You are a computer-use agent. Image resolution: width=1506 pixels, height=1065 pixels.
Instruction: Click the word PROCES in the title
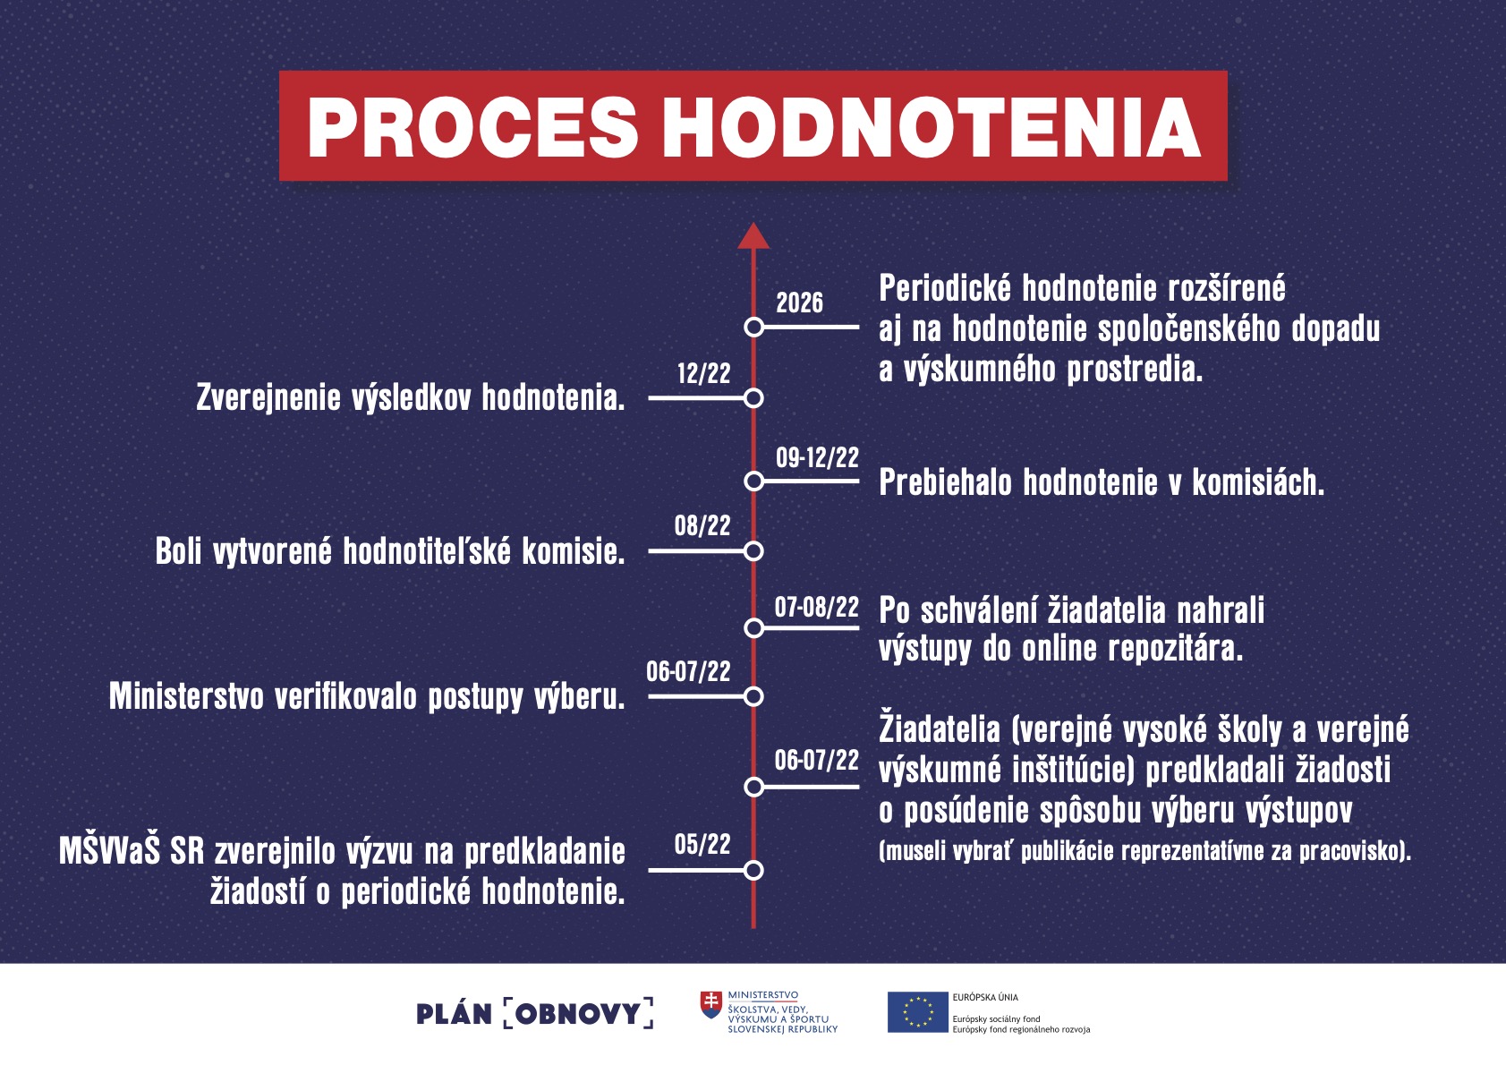472,127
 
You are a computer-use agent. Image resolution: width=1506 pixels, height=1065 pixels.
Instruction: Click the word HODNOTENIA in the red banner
932,127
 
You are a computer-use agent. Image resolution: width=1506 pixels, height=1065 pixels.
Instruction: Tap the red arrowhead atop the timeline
753,236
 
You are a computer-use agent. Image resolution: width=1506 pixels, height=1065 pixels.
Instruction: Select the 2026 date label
799,302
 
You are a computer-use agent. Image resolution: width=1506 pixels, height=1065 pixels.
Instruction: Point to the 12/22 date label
703,373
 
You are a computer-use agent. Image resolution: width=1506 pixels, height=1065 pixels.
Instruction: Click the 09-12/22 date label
817,458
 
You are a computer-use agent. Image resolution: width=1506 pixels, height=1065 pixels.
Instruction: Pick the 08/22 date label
702,525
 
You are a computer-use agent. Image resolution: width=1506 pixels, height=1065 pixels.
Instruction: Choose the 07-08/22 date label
817,607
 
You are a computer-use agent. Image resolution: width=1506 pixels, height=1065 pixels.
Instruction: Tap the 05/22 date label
702,845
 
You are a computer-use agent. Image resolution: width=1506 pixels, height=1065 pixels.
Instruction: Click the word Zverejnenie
268,398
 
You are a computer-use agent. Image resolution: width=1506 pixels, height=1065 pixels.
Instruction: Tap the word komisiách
1258,482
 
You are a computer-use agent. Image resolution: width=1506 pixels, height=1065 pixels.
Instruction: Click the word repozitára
1175,649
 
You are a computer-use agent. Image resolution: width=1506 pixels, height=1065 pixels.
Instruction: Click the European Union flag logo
917,1012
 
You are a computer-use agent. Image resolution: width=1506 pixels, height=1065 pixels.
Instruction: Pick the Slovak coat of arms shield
711,1004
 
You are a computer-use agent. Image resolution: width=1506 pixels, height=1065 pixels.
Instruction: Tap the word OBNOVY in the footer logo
578,1013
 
